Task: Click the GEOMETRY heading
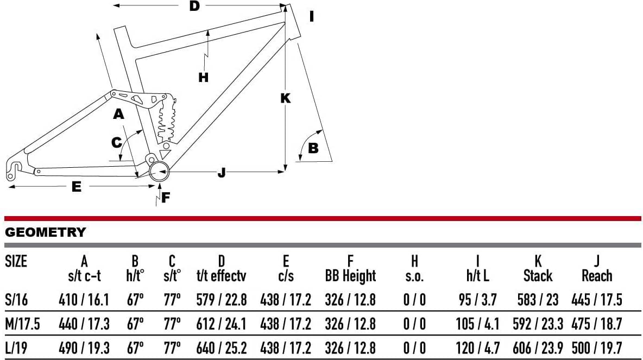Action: point(45,232)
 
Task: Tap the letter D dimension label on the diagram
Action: point(194,7)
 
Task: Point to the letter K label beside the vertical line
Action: point(285,98)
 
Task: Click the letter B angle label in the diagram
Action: point(313,148)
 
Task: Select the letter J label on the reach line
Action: point(221,173)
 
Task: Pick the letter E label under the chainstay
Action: point(77,187)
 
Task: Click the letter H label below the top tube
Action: point(204,78)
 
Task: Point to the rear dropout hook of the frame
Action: point(15,168)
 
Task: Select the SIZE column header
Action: point(16,261)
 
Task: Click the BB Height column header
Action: point(350,269)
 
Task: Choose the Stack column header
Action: point(538,269)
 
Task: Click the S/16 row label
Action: point(16,299)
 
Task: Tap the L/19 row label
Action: point(16,348)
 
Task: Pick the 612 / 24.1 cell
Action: point(221,324)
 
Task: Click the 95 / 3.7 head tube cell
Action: point(477,299)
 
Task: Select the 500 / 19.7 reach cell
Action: point(597,348)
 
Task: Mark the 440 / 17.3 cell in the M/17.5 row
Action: point(84,324)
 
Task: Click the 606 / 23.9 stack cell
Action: point(538,348)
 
